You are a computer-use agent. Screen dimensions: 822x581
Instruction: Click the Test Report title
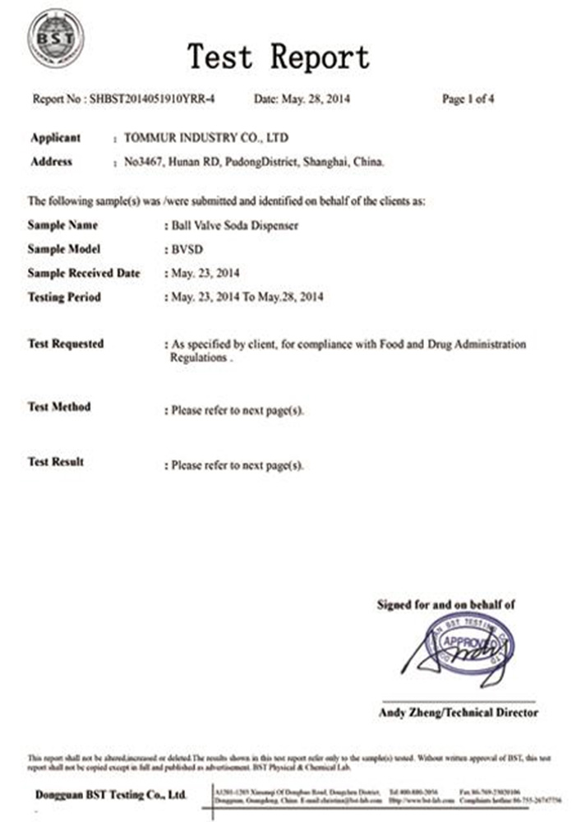279,58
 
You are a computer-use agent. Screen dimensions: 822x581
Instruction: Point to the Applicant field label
55,138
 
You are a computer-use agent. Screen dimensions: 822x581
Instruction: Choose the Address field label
51,162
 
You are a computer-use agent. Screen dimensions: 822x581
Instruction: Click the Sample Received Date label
84,273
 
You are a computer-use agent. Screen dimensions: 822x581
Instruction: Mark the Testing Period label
64,297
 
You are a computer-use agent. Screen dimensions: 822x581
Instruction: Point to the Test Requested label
66,344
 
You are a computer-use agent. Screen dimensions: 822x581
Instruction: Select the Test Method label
59,407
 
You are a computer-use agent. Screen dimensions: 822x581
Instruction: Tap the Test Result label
56,462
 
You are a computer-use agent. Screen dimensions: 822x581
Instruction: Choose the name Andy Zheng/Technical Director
459,713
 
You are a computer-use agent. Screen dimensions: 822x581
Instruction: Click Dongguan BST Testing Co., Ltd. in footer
111,795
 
